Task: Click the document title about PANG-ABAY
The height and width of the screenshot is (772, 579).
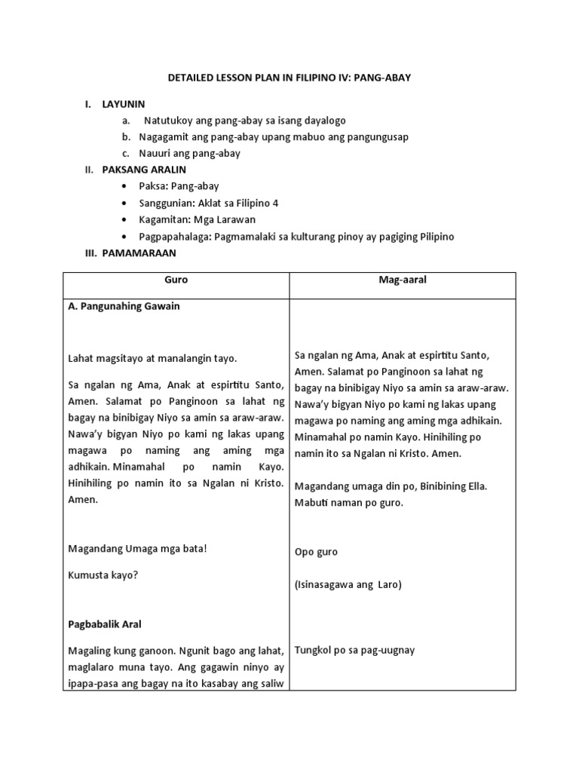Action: (289, 78)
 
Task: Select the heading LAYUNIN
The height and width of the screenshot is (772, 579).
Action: (124, 103)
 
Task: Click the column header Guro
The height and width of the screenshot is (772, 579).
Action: (176, 280)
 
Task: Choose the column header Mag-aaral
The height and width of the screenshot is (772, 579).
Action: (403, 280)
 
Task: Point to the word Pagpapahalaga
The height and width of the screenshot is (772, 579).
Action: (176, 237)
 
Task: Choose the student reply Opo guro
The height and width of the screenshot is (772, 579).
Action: (316, 552)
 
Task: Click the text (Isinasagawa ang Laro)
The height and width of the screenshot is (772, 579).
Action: (348, 584)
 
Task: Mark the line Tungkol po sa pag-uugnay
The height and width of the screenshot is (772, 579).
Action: (354, 650)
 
